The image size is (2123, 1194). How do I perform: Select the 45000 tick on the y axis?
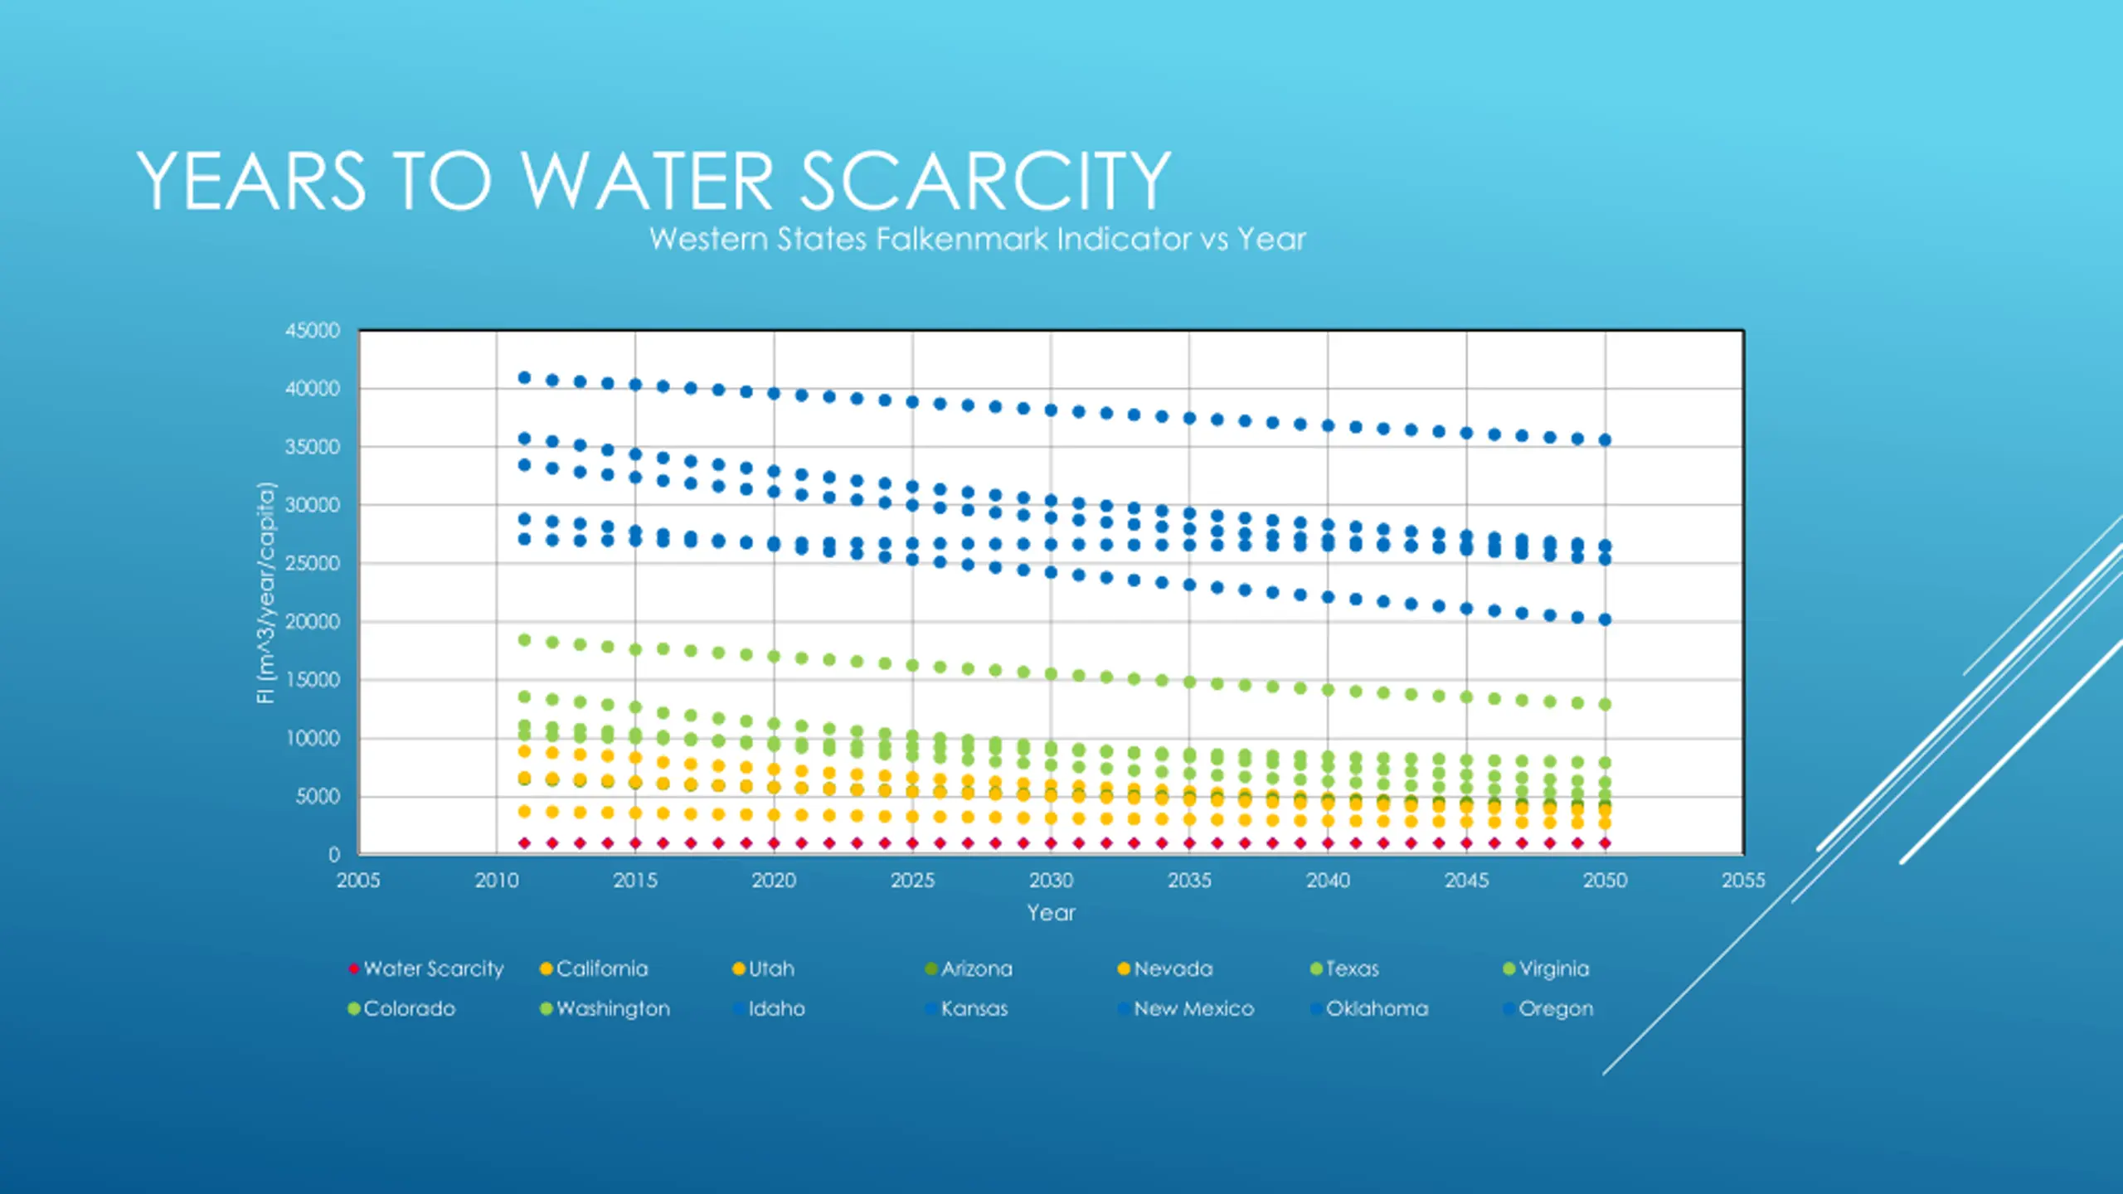click(313, 331)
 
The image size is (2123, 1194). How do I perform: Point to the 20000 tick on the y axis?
click(313, 622)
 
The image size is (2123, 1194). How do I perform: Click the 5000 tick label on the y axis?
click(318, 797)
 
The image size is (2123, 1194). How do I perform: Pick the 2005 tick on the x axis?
click(358, 881)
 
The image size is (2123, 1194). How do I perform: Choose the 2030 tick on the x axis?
click(1051, 881)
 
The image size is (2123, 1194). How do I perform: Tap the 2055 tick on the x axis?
click(1743, 881)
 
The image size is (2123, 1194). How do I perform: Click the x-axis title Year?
click(1051, 913)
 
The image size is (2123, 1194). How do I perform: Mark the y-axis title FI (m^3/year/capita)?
click(265, 592)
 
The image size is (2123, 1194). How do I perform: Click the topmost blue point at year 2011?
click(524, 378)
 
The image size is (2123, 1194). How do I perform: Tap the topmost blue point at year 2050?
click(1605, 440)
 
